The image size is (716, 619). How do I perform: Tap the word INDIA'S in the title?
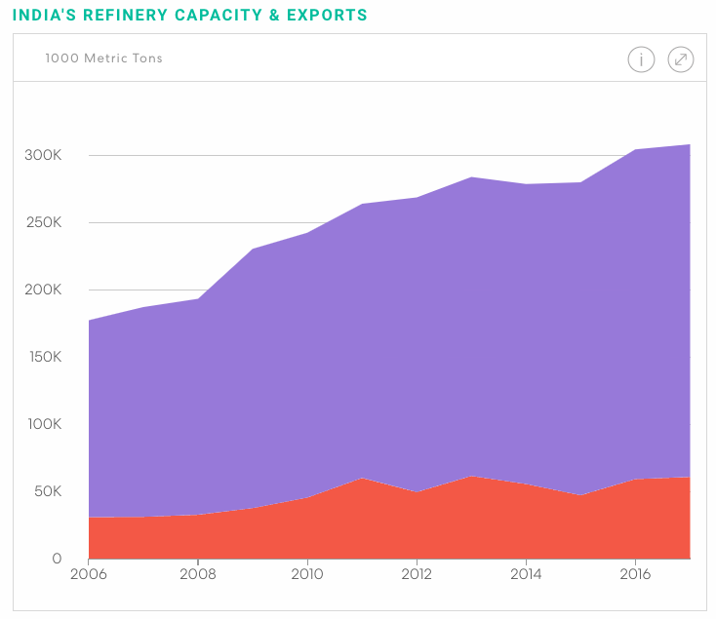[x=44, y=16]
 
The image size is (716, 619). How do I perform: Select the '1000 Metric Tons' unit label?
[x=103, y=58]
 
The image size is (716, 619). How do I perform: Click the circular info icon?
[x=640, y=59]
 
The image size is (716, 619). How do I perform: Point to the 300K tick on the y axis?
[x=43, y=155]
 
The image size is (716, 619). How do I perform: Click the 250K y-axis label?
[x=43, y=222]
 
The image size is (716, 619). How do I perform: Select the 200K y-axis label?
[x=43, y=290]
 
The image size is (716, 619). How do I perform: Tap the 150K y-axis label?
[x=43, y=357]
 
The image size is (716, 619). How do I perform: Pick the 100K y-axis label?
[x=43, y=424]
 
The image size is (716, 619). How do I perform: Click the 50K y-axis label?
[x=47, y=491]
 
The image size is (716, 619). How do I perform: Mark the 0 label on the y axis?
[x=57, y=559]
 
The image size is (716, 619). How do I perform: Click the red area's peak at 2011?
[x=362, y=479]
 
